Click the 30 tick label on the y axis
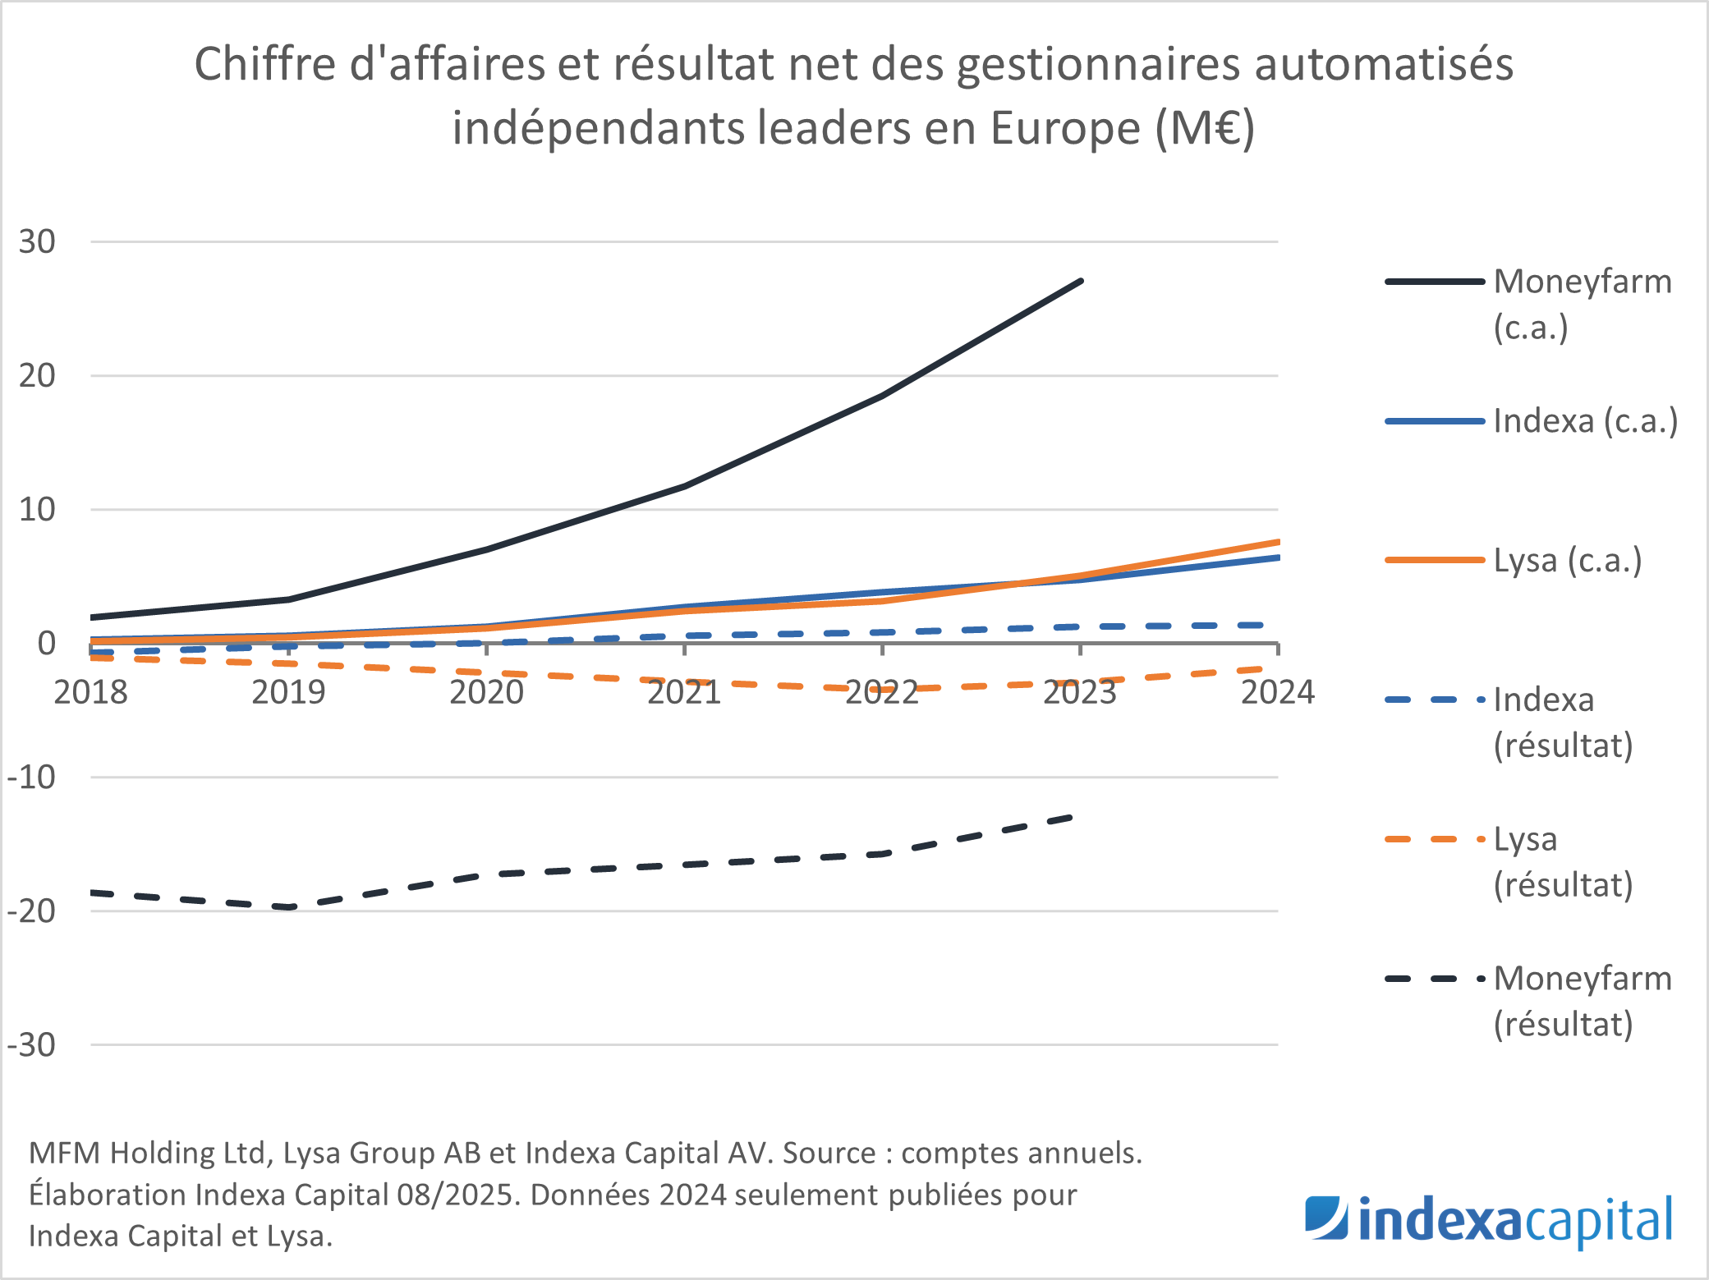[37, 242]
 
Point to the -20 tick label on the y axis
[31, 911]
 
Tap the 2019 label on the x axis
[288, 692]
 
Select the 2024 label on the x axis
[1277, 692]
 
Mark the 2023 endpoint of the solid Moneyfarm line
[1081, 281]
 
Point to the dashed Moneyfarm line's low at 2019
[289, 907]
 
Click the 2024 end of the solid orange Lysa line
[1277, 542]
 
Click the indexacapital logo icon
[1326, 1219]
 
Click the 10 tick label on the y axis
[37, 510]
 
